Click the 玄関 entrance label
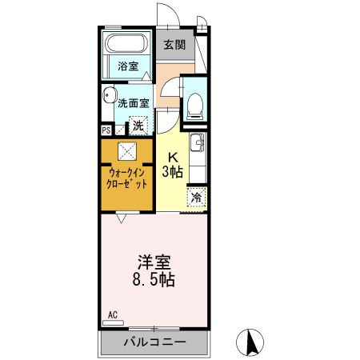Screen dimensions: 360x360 [174, 45]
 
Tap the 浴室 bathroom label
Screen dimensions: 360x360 [128, 66]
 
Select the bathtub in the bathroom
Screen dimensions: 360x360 [128, 46]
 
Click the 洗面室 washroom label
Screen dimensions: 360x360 [134, 102]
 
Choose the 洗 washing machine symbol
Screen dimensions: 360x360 [138, 125]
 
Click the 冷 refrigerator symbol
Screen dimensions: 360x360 [195, 197]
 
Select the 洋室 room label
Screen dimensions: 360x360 [152, 262]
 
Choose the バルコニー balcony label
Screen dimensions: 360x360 [154, 342]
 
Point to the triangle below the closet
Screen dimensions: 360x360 [121, 217]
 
